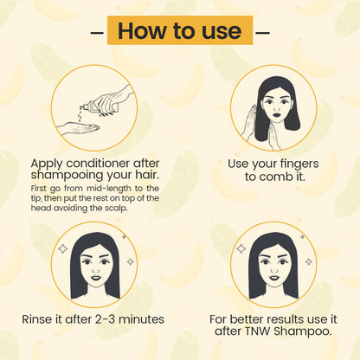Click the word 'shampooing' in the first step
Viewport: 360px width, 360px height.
click(74, 179)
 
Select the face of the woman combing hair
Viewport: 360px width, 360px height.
click(275, 113)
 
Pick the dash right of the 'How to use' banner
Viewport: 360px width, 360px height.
click(263, 32)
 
